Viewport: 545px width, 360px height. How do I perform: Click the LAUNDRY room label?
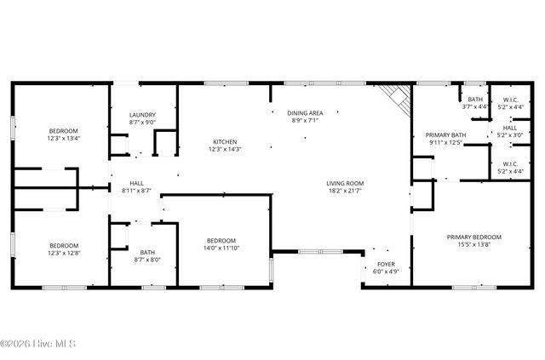click(141, 115)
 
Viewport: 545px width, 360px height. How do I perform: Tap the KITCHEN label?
click(225, 141)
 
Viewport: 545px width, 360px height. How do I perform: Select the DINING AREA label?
click(304, 113)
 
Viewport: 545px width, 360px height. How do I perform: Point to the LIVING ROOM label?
click(345, 183)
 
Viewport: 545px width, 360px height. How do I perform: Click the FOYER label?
click(387, 264)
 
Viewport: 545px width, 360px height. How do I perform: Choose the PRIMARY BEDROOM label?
click(474, 237)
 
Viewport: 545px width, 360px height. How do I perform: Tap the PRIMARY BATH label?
click(445, 134)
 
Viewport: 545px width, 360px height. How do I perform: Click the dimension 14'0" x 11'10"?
click(220, 248)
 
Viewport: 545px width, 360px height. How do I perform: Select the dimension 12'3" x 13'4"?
click(63, 138)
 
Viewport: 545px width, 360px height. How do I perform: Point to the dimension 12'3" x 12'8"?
click(63, 252)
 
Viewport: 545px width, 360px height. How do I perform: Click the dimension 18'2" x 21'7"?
click(345, 191)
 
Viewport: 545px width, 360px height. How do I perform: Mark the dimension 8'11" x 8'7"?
click(136, 191)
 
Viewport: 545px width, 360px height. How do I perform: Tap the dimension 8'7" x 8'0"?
click(147, 259)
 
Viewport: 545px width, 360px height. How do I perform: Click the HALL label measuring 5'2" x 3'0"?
click(509, 128)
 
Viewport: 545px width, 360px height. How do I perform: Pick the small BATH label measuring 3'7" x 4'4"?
click(474, 100)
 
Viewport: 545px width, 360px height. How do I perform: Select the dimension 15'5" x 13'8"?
click(474, 244)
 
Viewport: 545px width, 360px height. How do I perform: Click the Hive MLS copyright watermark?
click(38, 345)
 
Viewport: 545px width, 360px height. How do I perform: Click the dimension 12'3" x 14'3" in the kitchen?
click(225, 149)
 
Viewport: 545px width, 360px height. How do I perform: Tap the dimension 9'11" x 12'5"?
click(445, 142)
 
